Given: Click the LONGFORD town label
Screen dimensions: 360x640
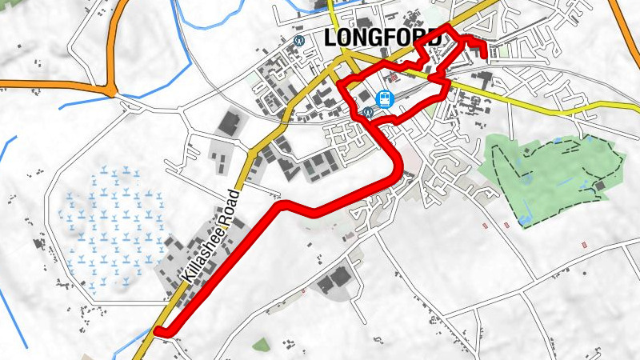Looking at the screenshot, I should [x=384, y=38].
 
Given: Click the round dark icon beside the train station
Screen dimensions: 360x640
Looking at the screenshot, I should [x=367, y=112].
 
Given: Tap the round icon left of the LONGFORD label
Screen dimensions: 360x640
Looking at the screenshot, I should [x=299, y=38].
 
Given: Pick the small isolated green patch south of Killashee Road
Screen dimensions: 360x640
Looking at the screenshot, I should [x=261, y=345].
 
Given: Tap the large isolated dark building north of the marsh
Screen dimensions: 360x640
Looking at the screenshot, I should [x=230, y=124].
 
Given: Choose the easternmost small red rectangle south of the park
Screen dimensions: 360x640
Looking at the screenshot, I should [x=585, y=242].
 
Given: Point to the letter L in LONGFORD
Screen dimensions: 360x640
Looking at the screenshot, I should [x=332, y=38].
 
